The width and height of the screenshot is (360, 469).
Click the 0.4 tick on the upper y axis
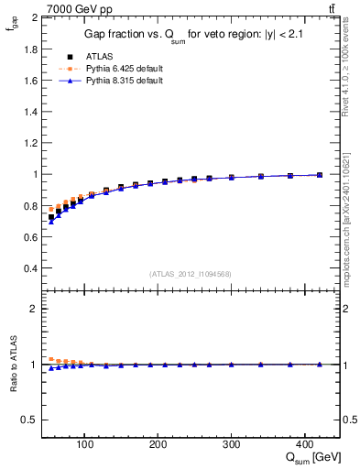31,268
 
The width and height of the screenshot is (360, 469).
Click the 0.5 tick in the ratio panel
31,420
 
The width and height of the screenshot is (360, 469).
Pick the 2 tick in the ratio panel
35,309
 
